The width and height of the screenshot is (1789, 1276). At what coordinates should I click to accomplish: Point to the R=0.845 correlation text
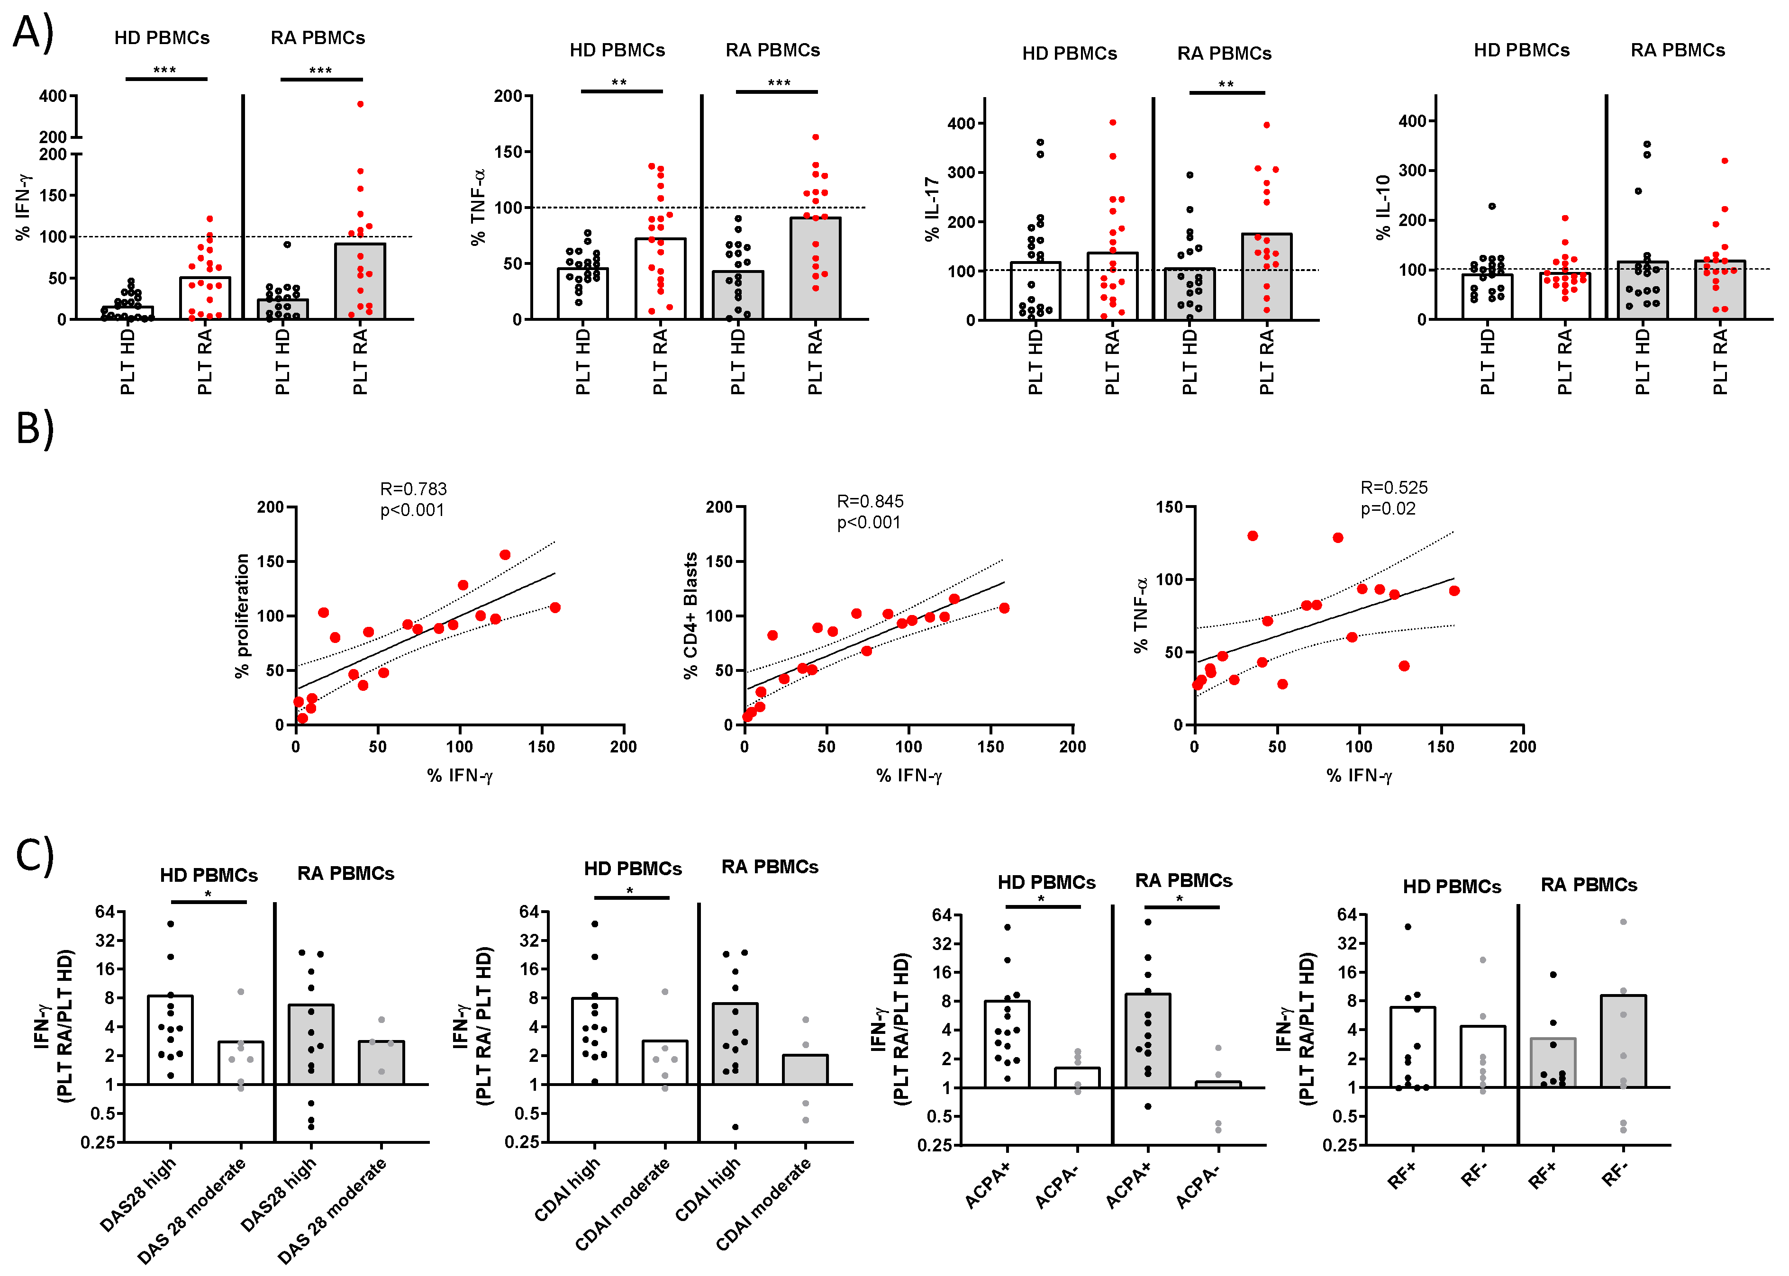[870, 501]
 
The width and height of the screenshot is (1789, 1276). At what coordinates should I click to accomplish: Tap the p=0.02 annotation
[1388, 508]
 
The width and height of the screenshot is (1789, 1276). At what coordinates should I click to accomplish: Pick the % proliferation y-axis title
[242, 615]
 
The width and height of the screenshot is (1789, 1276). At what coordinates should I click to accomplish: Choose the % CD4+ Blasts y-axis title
[690, 615]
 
